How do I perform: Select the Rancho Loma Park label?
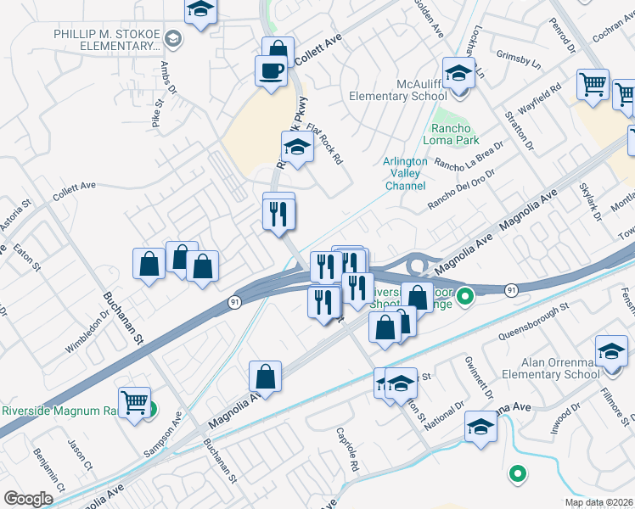(x=452, y=134)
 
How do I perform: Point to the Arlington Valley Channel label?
(x=405, y=173)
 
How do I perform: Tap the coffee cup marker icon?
(x=272, y=70)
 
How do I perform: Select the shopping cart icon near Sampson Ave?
(x=135, y=402)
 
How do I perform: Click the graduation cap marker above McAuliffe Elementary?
(x=458, y=73)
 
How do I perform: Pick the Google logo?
(x=28, y=498)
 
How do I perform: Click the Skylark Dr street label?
(x=585, y=206)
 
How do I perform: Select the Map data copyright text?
(x=598, y=502)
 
